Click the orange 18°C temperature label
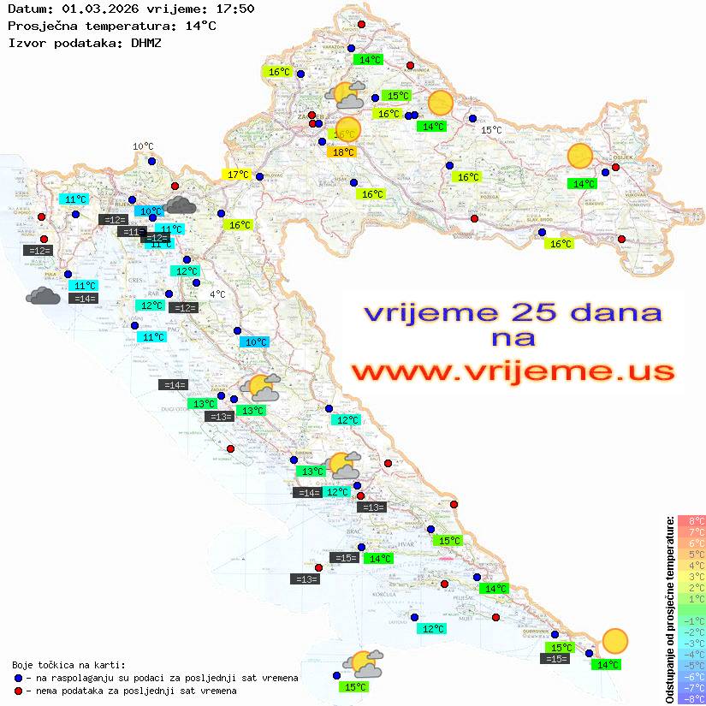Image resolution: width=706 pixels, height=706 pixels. (x=342, y=152)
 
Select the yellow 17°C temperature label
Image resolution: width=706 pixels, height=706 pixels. (x=238, y=175)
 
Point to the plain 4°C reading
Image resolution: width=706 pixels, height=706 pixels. (x=217, y=294)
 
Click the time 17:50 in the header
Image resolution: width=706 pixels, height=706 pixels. (x=236, y=9)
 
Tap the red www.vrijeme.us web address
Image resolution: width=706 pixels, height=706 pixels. (x=512, y=372)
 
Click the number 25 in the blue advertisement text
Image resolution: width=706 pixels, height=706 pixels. (x=529, y=312)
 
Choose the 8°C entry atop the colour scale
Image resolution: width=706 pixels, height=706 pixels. (x=691, y=520)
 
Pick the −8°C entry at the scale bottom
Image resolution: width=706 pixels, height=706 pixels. (x=691, y=698)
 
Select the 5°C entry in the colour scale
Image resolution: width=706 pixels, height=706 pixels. (x=691, y=554)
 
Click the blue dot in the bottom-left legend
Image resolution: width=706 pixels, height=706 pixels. (x=19, y=678)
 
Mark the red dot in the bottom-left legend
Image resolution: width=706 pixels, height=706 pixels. (x=19, y=690)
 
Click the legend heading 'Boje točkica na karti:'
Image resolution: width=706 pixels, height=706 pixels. (x=68, y=665)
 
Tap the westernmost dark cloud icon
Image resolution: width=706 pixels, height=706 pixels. (x=43, y=296)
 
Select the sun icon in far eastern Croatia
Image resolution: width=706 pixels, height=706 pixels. (x=580, y=157)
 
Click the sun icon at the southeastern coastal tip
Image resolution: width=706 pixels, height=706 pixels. (x=614, y=640)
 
